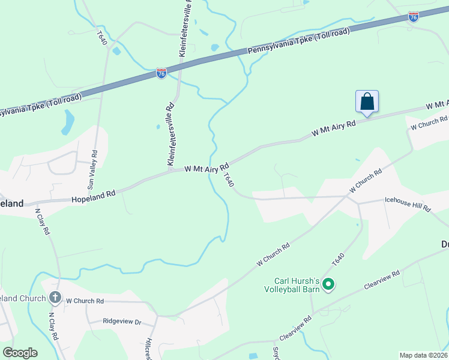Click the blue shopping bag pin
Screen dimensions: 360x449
367,102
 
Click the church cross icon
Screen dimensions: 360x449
55,298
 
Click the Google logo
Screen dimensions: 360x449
20,353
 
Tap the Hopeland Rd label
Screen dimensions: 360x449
93,196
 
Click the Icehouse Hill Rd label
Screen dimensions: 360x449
408,205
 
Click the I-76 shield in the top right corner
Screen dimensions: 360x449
413,17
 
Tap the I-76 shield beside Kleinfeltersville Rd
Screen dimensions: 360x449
161,73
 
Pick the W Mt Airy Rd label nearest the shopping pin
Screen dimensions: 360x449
334,128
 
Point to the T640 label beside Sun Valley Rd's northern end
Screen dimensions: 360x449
103,38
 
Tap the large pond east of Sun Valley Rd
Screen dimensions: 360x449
67,122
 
